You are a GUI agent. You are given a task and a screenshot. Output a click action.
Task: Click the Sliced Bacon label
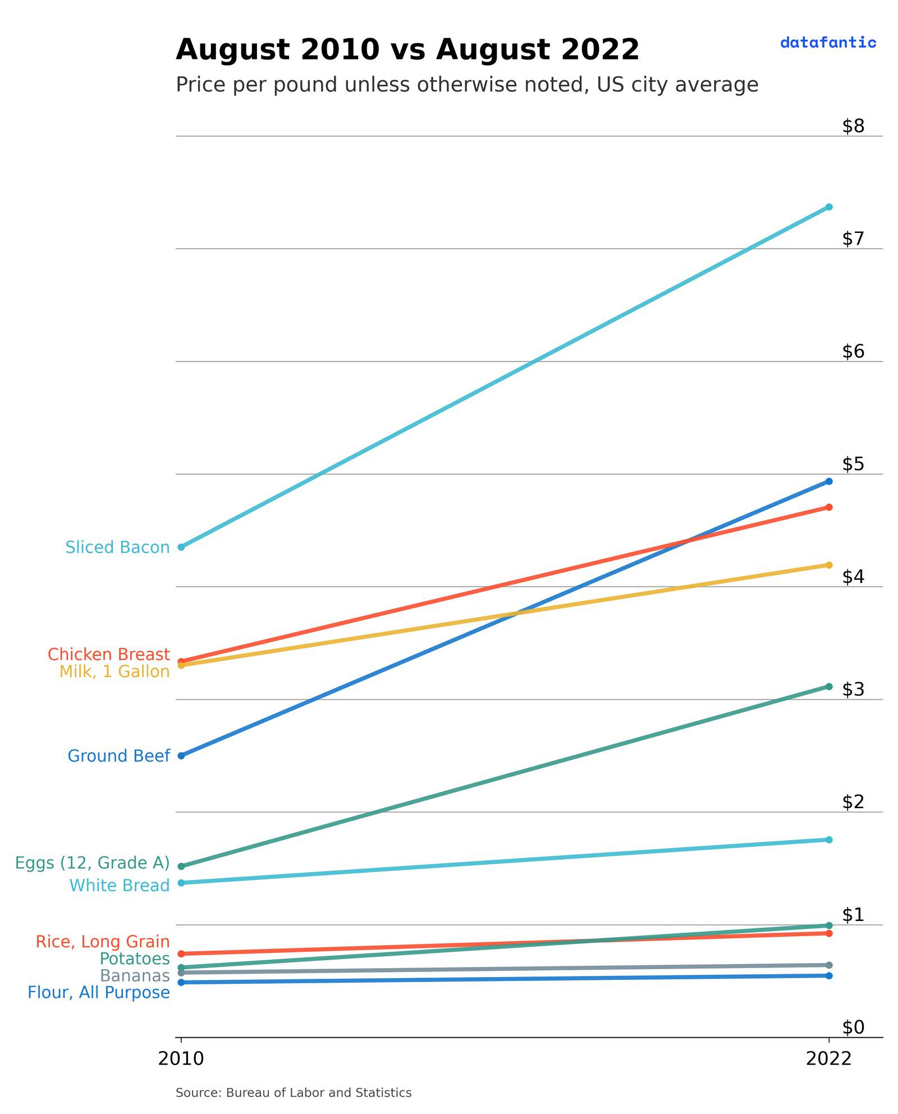pyautogui.click(x=117, y=547)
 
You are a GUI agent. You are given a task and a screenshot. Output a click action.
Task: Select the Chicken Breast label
pyautogui.click(x=108, y=654)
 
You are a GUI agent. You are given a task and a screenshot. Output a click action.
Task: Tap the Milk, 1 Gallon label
pyautogui.click(x=114, y=672)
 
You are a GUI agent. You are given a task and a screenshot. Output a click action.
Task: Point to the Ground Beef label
pyautogui.click(x=118, y=756)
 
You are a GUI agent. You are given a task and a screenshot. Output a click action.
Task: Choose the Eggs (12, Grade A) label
pyautogui.click(x=92, y=863)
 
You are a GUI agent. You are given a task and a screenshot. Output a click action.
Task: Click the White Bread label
pyautogui.click(x=119, y=886)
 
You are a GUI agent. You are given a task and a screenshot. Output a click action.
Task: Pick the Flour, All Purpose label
pyautogui.click(x=99, y=993)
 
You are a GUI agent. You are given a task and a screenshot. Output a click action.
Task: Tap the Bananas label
pyautogui.click(x=135, y=976)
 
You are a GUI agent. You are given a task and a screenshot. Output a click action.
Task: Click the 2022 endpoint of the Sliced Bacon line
pyautogui.click(x=829, y=207)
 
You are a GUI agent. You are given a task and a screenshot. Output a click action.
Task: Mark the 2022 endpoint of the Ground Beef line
pyautogui.click(x=829, y=481)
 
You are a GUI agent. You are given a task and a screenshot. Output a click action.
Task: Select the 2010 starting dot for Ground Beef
pyautogui.click(x=181, y=756)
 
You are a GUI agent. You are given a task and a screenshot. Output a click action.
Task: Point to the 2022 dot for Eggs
pyautogui.click(x=829, y=686)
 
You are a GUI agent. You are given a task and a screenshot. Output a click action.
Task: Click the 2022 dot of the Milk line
pyautogui.click(x=829, y=565)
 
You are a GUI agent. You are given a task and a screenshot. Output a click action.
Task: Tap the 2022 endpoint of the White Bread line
pyautogui.click(x=829, y=840)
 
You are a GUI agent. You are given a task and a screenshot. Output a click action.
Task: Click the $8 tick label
pyautogui.click(x=853, y=126)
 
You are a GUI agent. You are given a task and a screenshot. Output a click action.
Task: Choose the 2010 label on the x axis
pyautogui.click(x=181, y=1059)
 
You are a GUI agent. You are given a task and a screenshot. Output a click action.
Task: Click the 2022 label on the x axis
pyautogui.click(x=828, y=1059)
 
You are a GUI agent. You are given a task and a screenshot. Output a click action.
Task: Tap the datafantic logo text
pyautogui.click(x=828, y=43)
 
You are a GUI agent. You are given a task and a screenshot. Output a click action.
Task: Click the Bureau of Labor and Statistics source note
pyautogui.click(x=294, y=1093)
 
